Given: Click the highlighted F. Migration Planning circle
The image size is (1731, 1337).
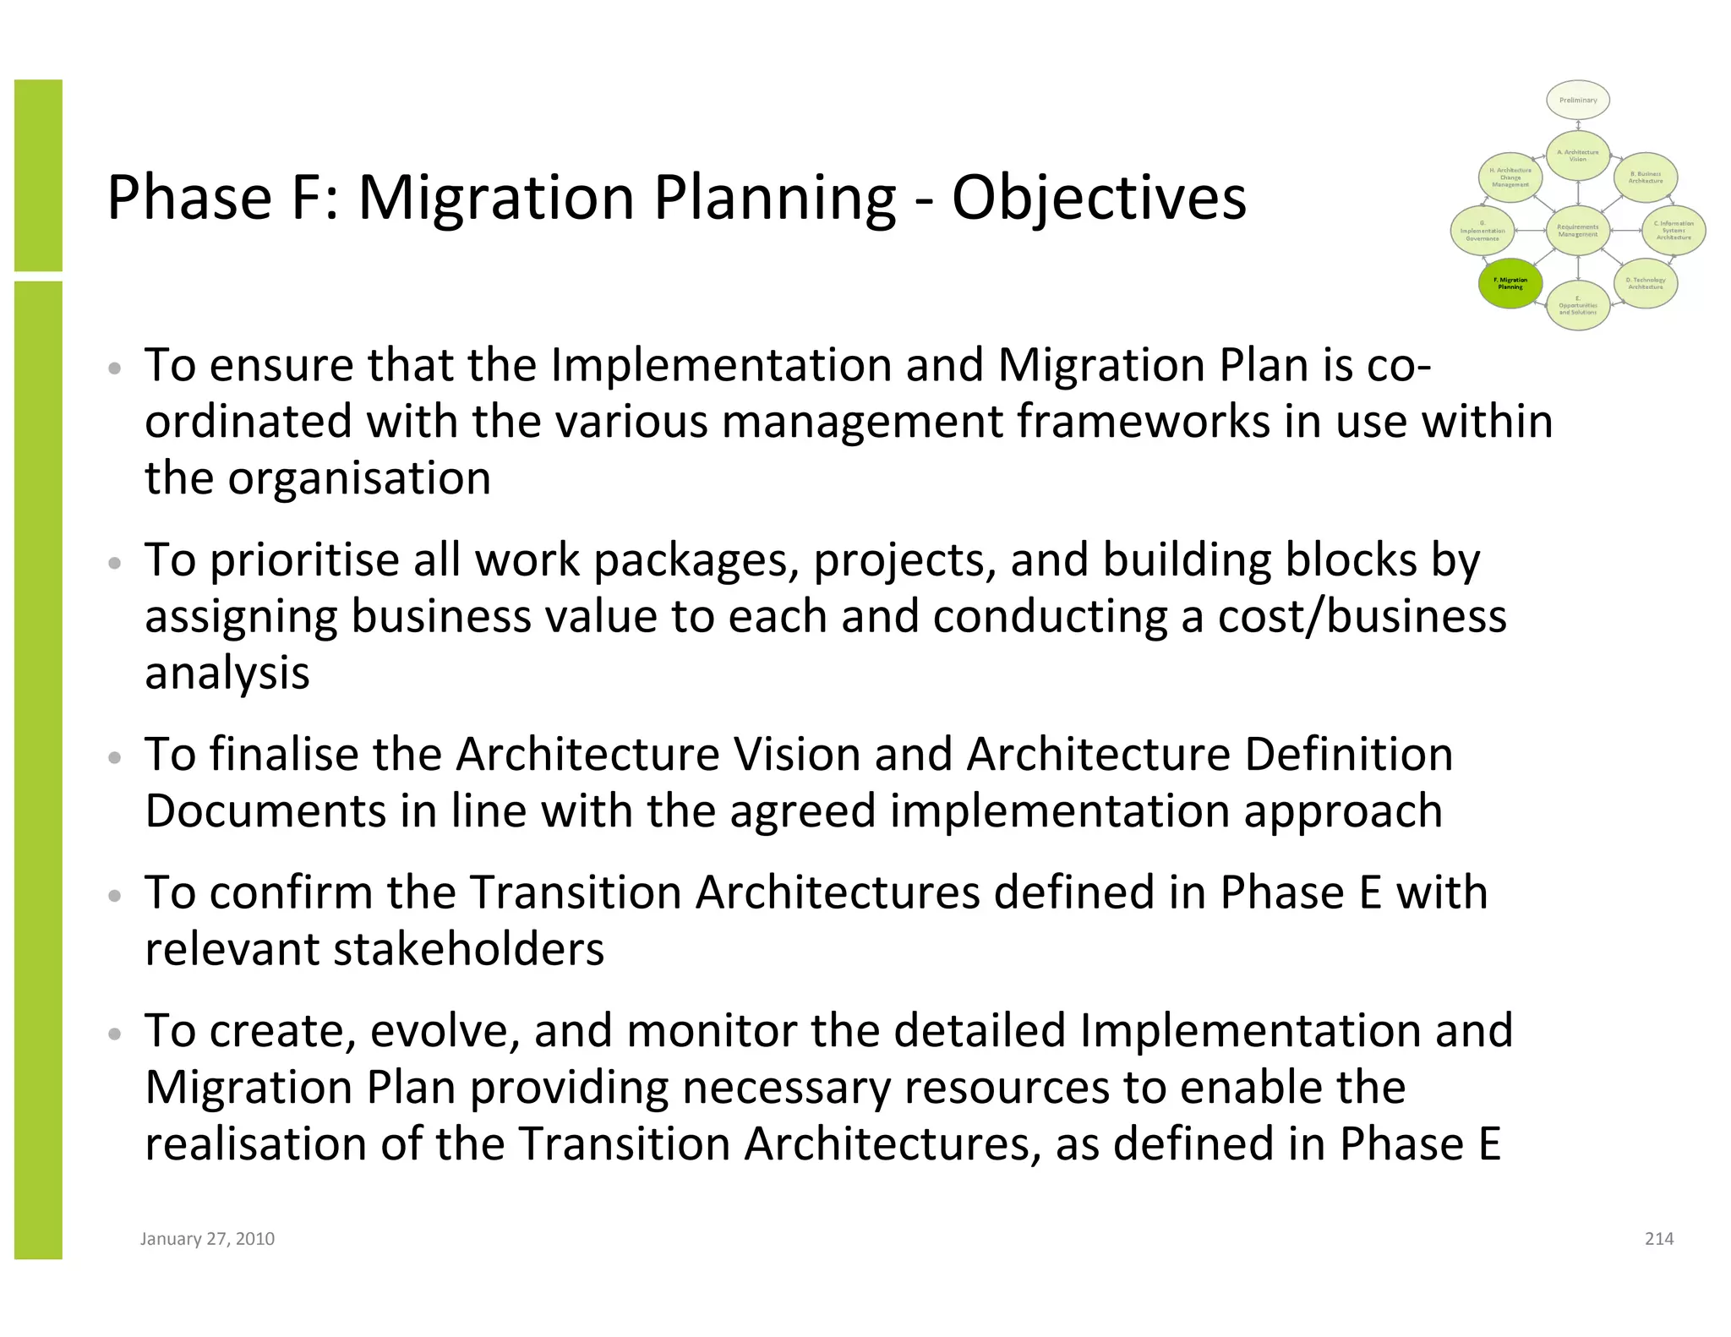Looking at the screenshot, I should click(x=1510, y=284).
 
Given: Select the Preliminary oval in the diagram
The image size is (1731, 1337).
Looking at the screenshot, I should click(x=1578, y=101).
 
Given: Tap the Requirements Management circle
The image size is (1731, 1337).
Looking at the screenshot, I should click(x=1578, y=231).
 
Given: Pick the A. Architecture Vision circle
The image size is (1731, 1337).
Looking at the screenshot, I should click(x=1578, y=156).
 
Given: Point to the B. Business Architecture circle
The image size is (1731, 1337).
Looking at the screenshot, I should click(x=1646, y=177).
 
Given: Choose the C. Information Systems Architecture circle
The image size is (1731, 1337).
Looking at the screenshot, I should click(x=1674, y=231).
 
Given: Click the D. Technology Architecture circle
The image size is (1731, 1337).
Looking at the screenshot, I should click(x=1646, y=283).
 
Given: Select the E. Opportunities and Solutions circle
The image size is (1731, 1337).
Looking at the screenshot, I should click(x=1578, y=305).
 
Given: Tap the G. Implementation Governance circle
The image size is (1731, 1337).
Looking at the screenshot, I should click(x=1483, y=231).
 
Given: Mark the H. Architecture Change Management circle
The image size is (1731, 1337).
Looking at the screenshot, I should click(x=1510, y=177).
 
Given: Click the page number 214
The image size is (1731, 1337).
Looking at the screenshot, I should click(x=1659, y=1239).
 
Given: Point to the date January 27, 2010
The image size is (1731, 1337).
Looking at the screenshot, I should click(x=207, y=1239).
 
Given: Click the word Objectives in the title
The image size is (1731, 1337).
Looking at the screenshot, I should click(x=1099, y=199).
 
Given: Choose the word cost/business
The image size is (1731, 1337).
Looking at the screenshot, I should click(x=1362, y=617).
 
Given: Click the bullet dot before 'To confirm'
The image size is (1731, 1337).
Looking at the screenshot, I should click(x=116, y=895).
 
